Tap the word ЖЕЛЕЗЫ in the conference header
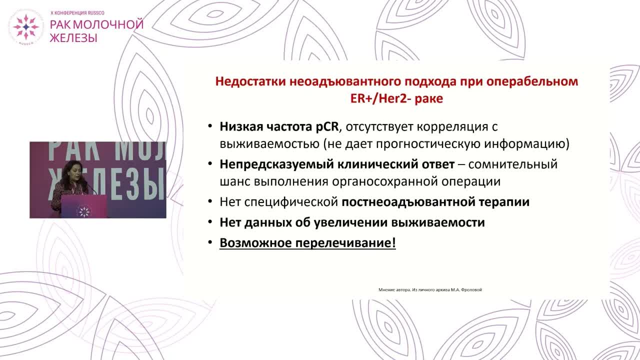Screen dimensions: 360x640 73,37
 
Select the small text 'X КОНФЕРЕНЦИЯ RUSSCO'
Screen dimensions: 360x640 77,12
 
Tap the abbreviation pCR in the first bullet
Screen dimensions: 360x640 326,126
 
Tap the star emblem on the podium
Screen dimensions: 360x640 83,210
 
